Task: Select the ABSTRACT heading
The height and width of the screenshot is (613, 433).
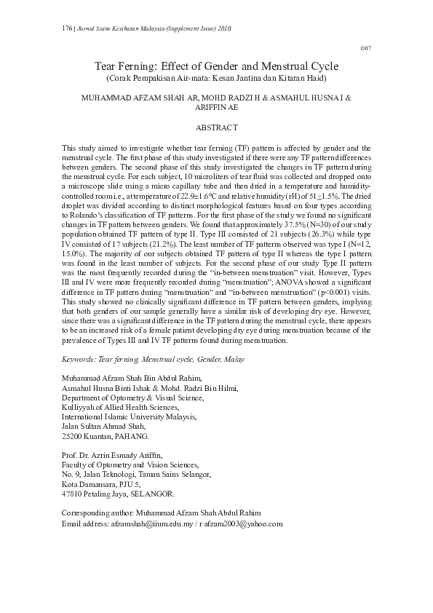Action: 216,127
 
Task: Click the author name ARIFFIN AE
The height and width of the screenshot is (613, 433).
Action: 216,106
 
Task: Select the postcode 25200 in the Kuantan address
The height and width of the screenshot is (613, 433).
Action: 74,437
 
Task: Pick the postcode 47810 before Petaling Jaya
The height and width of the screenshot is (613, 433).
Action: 74,494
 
